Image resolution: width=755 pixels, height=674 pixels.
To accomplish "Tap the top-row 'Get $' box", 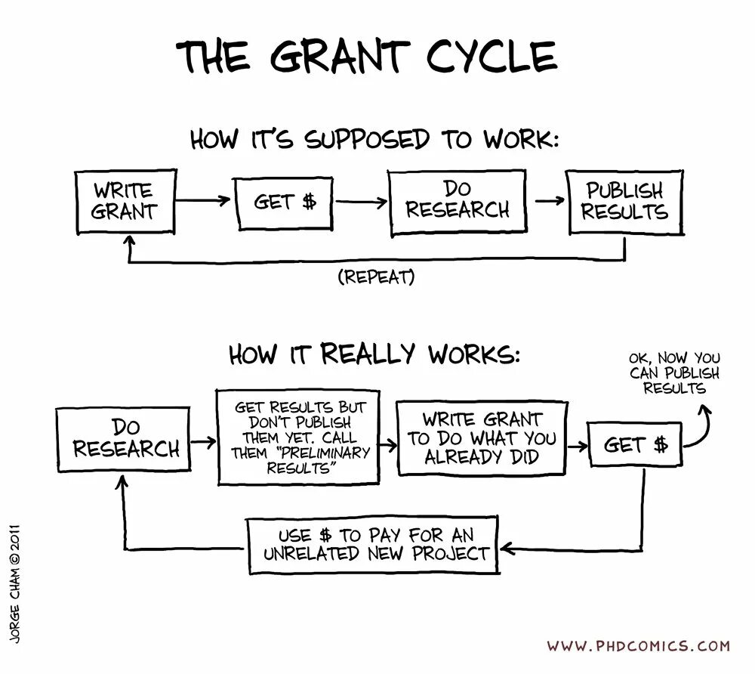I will (285, 203).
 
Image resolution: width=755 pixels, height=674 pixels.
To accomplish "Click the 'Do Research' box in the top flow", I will (457, 201).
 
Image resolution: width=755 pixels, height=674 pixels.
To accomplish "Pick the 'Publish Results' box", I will (625, 201).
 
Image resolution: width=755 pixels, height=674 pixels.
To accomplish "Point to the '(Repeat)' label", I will (377, 277).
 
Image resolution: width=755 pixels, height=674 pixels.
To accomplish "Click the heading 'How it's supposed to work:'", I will (374, 140).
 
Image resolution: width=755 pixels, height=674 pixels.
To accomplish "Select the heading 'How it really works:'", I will (374, 354).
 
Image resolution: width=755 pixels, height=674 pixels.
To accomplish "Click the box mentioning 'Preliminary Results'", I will (298, 437).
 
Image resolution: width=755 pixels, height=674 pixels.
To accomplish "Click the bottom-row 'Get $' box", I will (636, 444).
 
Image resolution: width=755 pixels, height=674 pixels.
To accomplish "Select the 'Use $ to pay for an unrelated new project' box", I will (374, 544).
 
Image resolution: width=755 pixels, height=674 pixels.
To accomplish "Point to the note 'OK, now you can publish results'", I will (674, 373).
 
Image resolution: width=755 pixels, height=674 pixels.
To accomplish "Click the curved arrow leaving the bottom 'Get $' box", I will (698, 427).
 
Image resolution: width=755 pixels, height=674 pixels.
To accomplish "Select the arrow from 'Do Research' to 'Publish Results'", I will (550, 201).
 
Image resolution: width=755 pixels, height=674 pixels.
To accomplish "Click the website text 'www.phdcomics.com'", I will (638, 646).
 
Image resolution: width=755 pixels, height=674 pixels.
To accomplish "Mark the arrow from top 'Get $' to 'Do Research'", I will (361, 202).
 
